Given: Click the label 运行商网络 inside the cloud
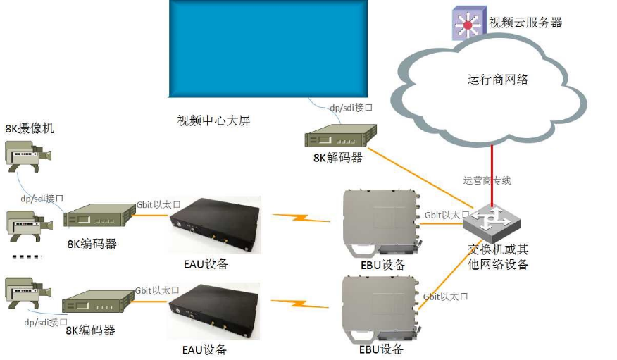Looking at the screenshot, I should (x=498, y=80).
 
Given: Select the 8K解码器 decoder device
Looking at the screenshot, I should (x=339, y=137).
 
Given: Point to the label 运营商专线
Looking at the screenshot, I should (x=487, y=180).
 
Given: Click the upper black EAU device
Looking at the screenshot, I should (x=215, y=224).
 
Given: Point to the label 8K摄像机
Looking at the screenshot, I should (x=30, y=129).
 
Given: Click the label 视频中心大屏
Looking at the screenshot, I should (x=213, y=120).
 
